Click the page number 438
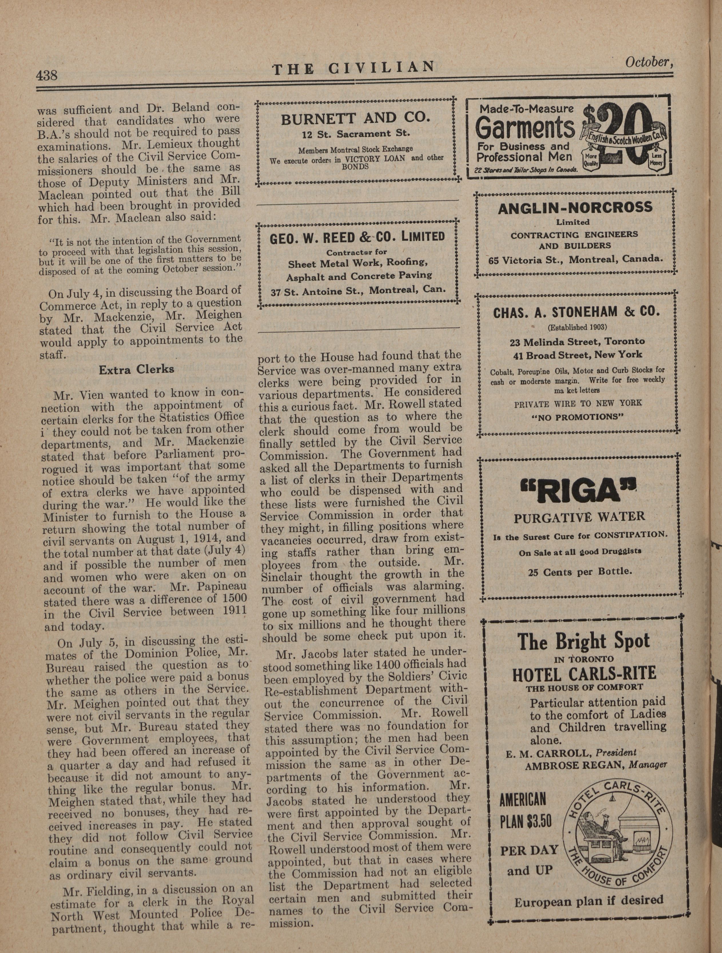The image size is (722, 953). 47,76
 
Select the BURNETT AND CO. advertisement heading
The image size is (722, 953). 356,118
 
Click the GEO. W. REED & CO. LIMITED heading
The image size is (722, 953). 357,237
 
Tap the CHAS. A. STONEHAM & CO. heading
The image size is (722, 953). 576,312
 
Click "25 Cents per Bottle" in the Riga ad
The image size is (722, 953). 580,572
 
